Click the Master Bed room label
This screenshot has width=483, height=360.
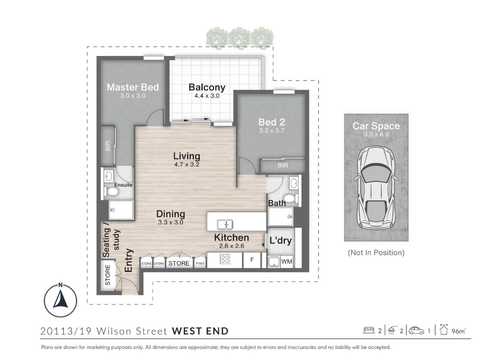click(x=133, y=87)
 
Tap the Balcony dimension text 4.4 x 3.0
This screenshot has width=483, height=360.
click(x=207, y=96)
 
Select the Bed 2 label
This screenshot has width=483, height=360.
click(x=271, y=122)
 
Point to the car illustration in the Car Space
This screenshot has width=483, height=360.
click(x=376, y=188)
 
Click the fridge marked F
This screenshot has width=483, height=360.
click(x=252, y=260)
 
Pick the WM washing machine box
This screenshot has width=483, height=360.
click(x=287, y=262)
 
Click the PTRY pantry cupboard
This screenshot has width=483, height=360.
click(x=200, y=264)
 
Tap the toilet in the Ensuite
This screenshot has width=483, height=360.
click(x=112, y=192)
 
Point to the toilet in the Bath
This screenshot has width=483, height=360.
click(x=289, y=198)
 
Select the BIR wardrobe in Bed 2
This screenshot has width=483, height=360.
click(x=283, y=165)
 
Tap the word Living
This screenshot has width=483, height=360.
click(x=186, y=157)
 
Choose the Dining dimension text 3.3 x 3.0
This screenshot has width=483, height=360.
click(x=171, y=222)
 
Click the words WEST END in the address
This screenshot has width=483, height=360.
click(x=200, y=331)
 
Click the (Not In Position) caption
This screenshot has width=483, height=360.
click(x=376, y=253)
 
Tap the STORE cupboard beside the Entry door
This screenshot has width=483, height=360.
click(x=108, y=275)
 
